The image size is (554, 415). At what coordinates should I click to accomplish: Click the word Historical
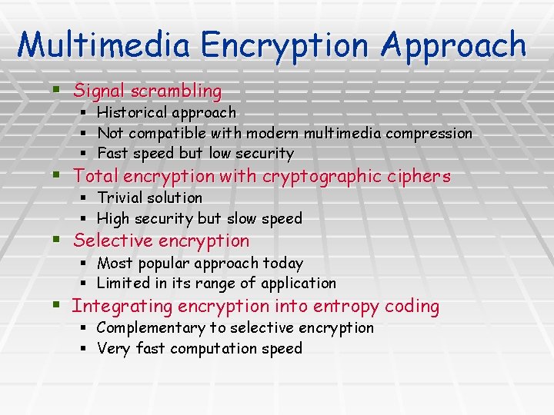click(132, 113)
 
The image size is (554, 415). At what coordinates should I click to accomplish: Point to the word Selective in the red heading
click(107, 241)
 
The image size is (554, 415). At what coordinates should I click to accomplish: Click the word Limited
click(122, 284)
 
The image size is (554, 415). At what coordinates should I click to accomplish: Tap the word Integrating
click(122, 307)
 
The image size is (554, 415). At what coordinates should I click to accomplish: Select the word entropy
click(346, 307)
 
